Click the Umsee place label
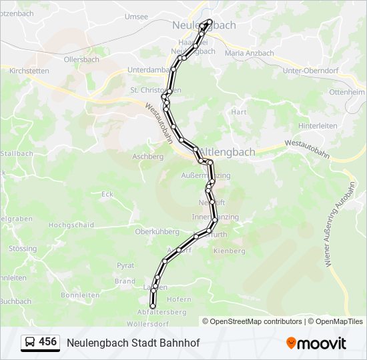coord(136,17)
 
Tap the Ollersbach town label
coord(81,59)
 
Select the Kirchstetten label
coord(29,69)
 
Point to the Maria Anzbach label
coord(250,53)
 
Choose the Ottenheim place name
coord(346,91)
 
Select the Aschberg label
coord(148,157)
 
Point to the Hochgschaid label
coord(71,225)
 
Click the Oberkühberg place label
coord(157,231)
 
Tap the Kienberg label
coord(229,251)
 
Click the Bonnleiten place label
coord(80,295)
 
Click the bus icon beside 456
coord(29,343)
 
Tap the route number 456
coord(48,342)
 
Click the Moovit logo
coord(316,343)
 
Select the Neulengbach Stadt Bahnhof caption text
coord(133,343)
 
